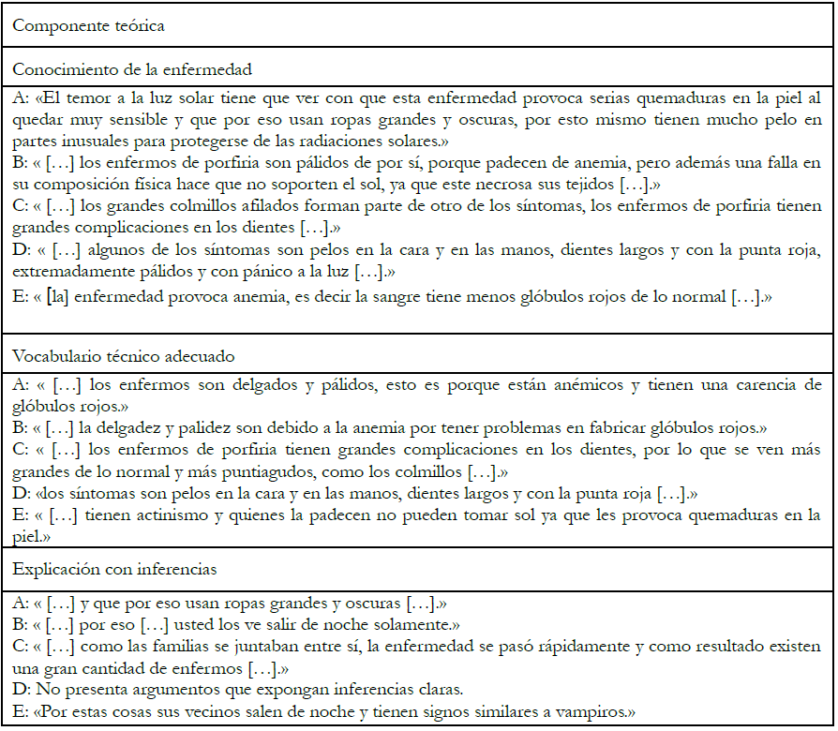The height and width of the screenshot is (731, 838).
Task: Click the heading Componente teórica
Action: coord(89,25)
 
